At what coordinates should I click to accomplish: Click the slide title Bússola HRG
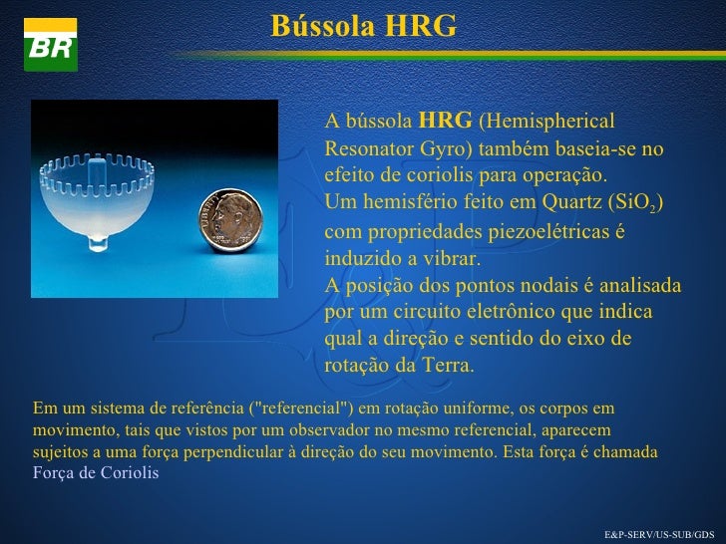(363, 25)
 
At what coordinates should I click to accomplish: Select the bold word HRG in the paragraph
(445, 122)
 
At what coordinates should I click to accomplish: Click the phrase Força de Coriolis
(96, 472)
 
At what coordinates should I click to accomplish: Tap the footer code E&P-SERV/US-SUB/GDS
(660, 534)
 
